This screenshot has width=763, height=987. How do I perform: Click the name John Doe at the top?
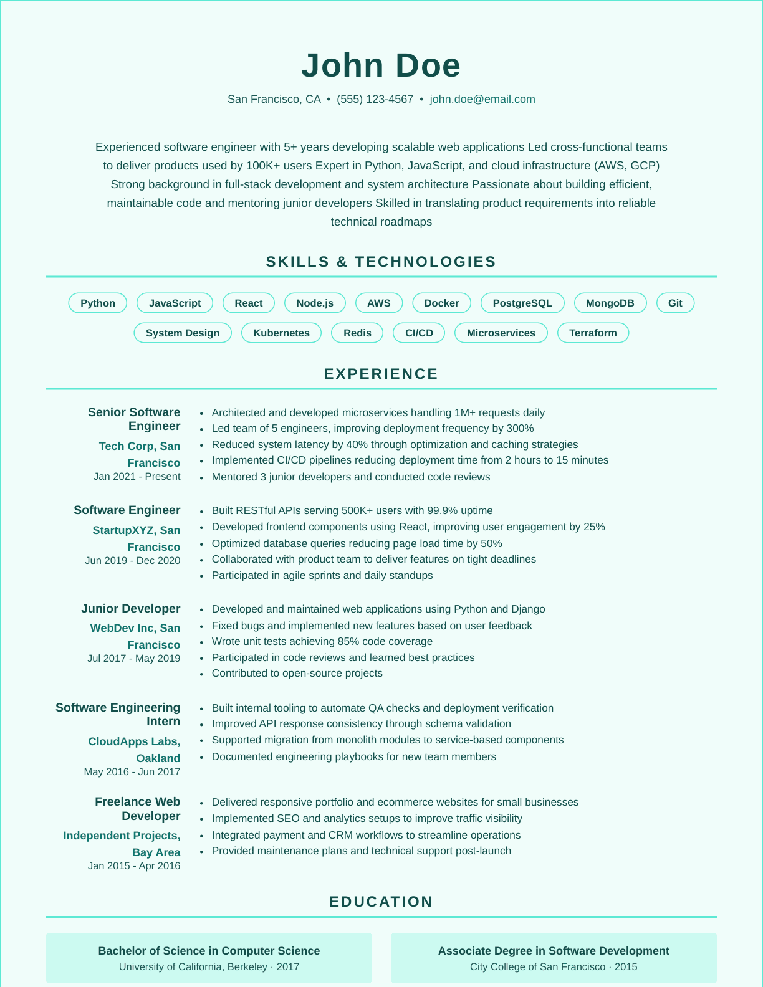pyautogui.click(x=381, y=65)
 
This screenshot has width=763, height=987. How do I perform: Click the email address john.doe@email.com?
pyautogui.click(x=482, y=99)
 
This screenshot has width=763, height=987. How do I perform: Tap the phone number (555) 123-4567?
pyautogui.click(x=375, y=99)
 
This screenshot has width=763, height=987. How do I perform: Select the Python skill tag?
pyautogui.click(x=98, y=303)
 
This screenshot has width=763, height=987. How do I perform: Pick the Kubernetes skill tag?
pyautogui.click(x=281, y=333)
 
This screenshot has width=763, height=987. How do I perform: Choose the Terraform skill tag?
pyautogui.click(x=593, y=333)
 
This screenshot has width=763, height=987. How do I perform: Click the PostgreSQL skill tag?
pyautogui.click(x=522, y=303)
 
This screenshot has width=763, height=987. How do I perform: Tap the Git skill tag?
pyautogui.click(x=675, y=303)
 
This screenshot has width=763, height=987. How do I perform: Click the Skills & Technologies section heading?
pyautogui.click(x=381, y=262)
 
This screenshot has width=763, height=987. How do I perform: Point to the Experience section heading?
pyautogui.click(x=381, y=374)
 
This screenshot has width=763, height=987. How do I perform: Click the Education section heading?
pyautogui.click(x=381, y=902)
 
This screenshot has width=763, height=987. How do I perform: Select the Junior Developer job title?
pyautogui.click(x=131, y=609)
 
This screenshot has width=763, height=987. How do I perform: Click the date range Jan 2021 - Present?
pyautogui.click(x=137, y=477)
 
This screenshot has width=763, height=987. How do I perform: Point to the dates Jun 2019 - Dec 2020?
pyautogui.click(x=133, y=560)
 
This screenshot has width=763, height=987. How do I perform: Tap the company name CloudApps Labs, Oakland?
pyautogui.click(x=135, y=750)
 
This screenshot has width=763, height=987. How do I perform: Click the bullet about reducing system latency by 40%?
pyautogui.click(x=395, y=444)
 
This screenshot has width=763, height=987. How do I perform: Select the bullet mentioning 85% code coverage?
pyautogui.click(x=322, y=641)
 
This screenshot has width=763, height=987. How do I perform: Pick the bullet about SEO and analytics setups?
pyautogui.click(x=367, y=818)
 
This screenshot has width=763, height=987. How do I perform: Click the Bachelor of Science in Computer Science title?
pyautogui.click(x=209, y=951)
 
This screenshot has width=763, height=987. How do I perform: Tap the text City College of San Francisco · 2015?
pyautogui.click(x=554, y=967)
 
